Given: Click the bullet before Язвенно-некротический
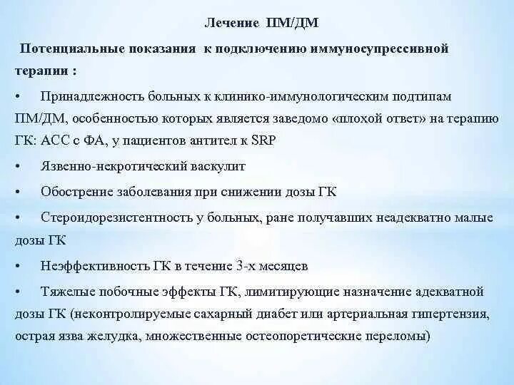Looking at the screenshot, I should pos(17,168).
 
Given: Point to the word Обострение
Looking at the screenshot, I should pos(73,192).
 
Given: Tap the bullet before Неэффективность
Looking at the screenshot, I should pos(17,267).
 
